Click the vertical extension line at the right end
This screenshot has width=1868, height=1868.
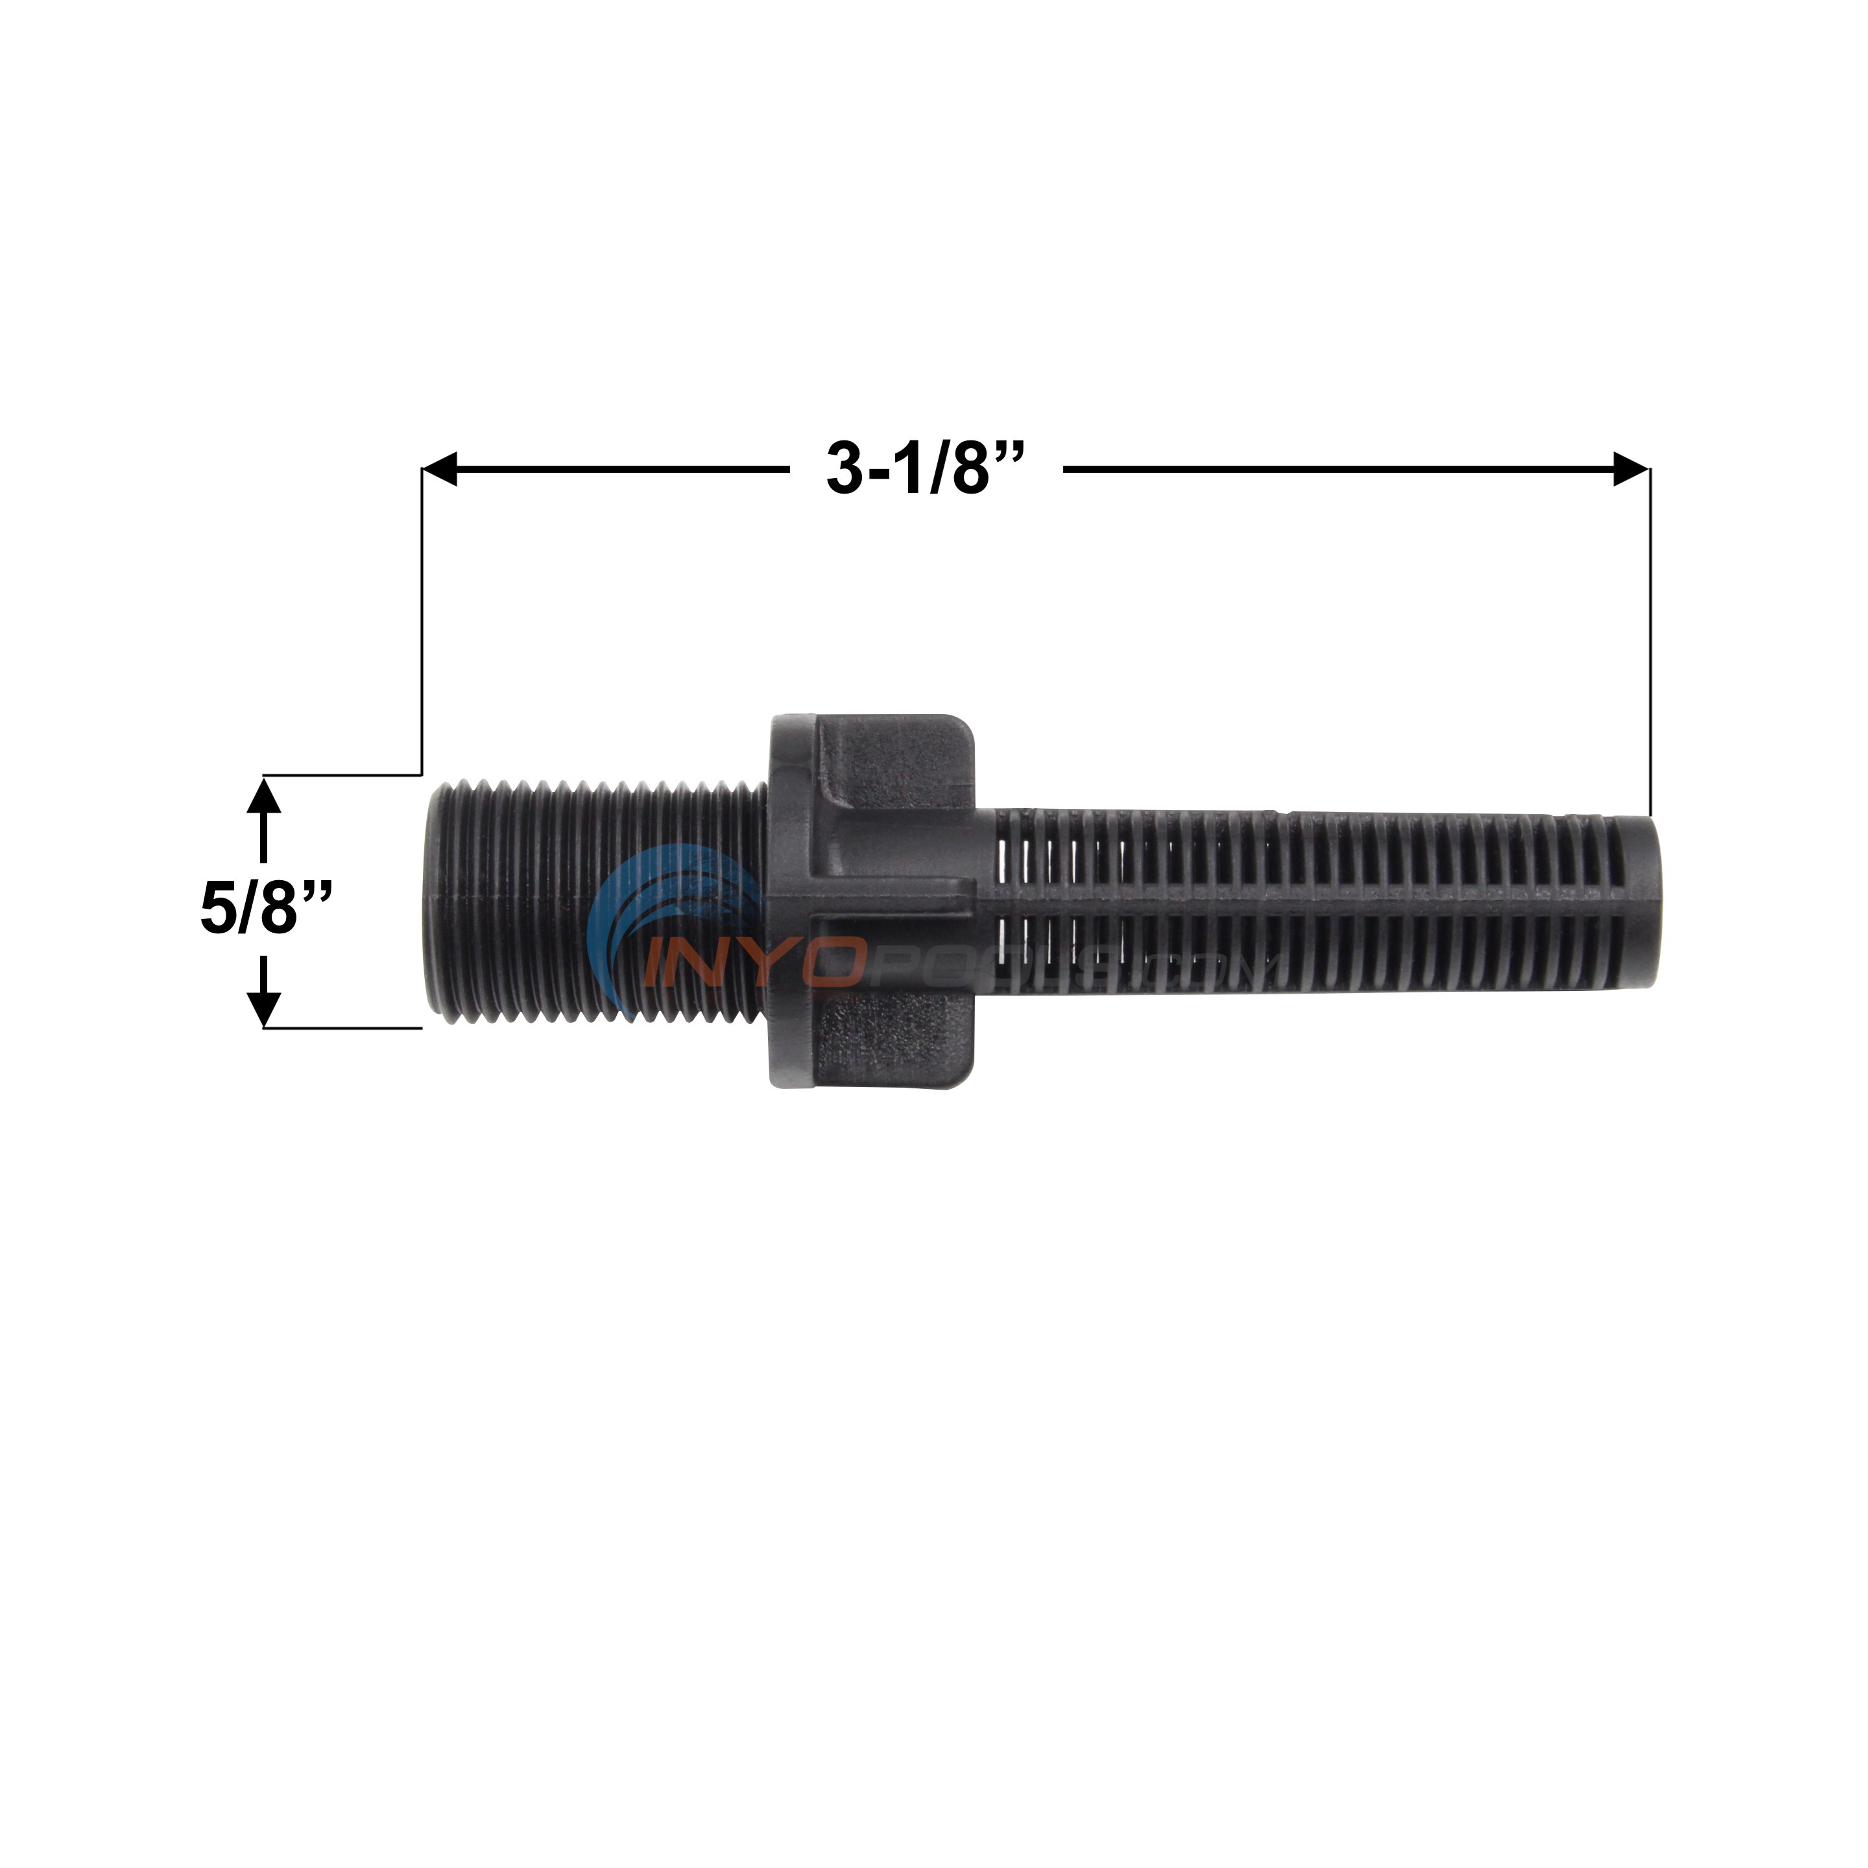pyautogui.click(x=1649, y=638)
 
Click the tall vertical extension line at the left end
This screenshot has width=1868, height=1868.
pyautogui.click(x=422, y=619)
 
